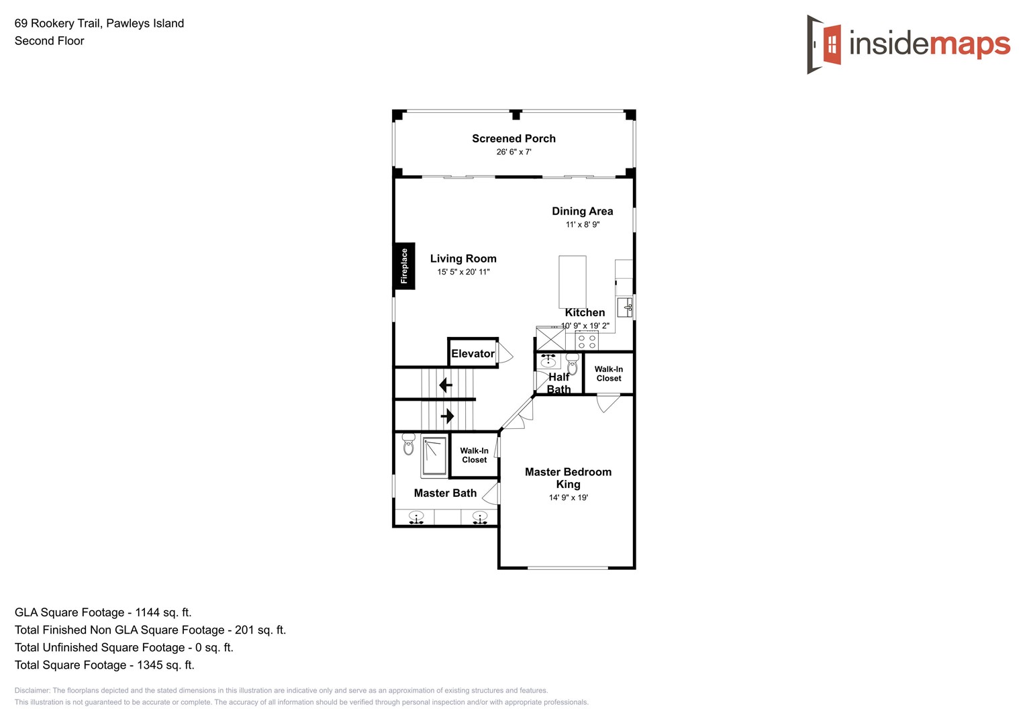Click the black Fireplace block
[x=404, y=266]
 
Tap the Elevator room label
[x=473, y=354]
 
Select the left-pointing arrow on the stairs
[x=445, y=385]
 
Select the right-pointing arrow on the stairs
[x=447, y=416]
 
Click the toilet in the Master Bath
[x=408, y=444]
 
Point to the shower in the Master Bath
[x=434, y=456]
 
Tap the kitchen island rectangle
[x=573, y=281]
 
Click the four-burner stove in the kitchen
[x=587, y=341]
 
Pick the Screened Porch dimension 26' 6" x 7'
[x=514, y=152]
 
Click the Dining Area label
[x=582, y=211]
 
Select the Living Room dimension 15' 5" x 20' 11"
[x=463, y=272]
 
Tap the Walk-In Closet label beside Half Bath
[x=609, y=374]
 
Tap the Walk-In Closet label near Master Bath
[x=474, y=455]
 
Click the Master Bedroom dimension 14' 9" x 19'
[x=568, y=497]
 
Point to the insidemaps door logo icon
[x=824, y=44]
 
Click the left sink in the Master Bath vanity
[x=416, y=517]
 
